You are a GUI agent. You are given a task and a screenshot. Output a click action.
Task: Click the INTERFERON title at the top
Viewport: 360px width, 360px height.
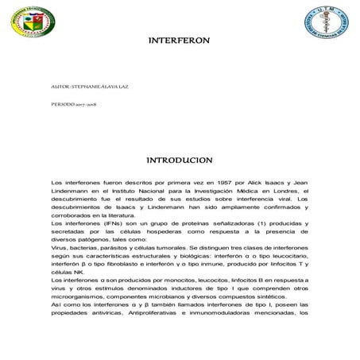180,39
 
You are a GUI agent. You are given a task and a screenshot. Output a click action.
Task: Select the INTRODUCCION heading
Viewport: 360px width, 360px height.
180,161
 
